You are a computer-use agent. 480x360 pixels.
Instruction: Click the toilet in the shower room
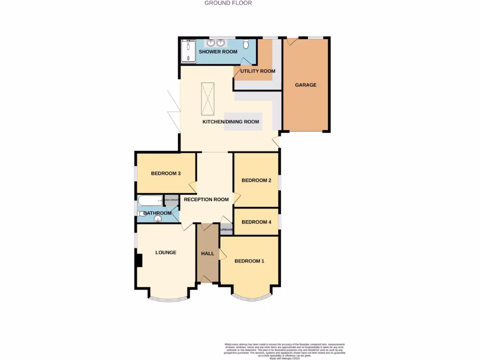point(247,45)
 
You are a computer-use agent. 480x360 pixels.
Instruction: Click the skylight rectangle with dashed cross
point(208,98)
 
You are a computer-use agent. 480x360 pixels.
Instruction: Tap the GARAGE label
point(306,85)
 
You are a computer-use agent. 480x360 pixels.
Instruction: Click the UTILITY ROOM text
point(257,71)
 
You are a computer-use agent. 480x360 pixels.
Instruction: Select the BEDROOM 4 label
point(256,222)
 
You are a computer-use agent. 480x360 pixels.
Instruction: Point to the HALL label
point(208,254)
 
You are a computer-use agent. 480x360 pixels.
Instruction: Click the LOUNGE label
point(166,252)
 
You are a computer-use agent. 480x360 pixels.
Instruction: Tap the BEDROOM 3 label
point(166,173)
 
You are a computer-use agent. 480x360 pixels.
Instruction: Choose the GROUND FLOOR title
point(228,3)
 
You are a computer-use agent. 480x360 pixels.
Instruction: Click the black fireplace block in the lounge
point(138,260)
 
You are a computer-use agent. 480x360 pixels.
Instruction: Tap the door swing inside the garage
point(292,42)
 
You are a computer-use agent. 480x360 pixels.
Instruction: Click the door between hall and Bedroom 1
point(222,255)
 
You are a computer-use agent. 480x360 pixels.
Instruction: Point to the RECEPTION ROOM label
point(206,200)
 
